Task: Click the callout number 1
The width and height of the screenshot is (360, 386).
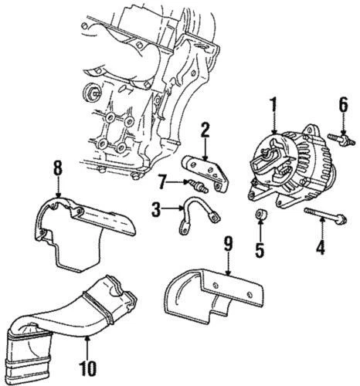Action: tap(272, 103)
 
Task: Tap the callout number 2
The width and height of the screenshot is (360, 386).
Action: tap(205, 130)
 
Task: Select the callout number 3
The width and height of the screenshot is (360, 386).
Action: tap(155, 208)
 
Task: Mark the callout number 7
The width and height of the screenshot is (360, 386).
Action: tap(162, 181)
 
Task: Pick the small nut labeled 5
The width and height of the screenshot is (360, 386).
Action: tap(261, 215)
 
